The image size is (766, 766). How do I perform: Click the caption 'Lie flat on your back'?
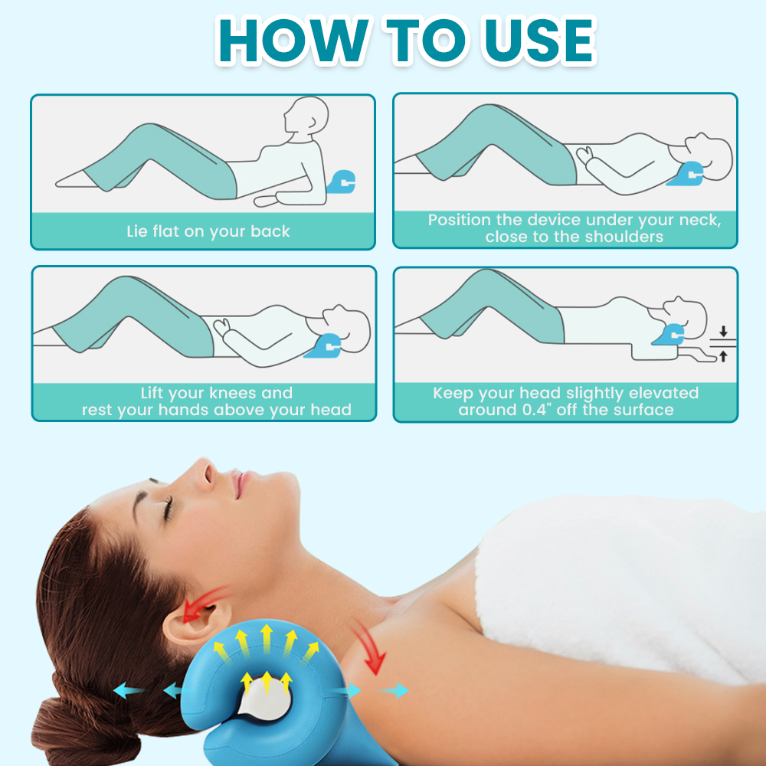click(x=208, y=231)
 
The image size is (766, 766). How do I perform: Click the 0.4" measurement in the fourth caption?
click(x=538, y=409)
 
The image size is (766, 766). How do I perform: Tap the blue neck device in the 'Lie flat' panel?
click(x=341, y=182)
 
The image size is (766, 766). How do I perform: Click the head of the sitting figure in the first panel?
click(x=306, y=116)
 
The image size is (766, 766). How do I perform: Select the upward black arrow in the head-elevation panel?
click(x=723, y=356)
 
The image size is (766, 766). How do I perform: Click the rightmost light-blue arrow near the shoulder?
click(x=393, y=691)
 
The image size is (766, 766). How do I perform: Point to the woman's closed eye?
click(x=169, y=508)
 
